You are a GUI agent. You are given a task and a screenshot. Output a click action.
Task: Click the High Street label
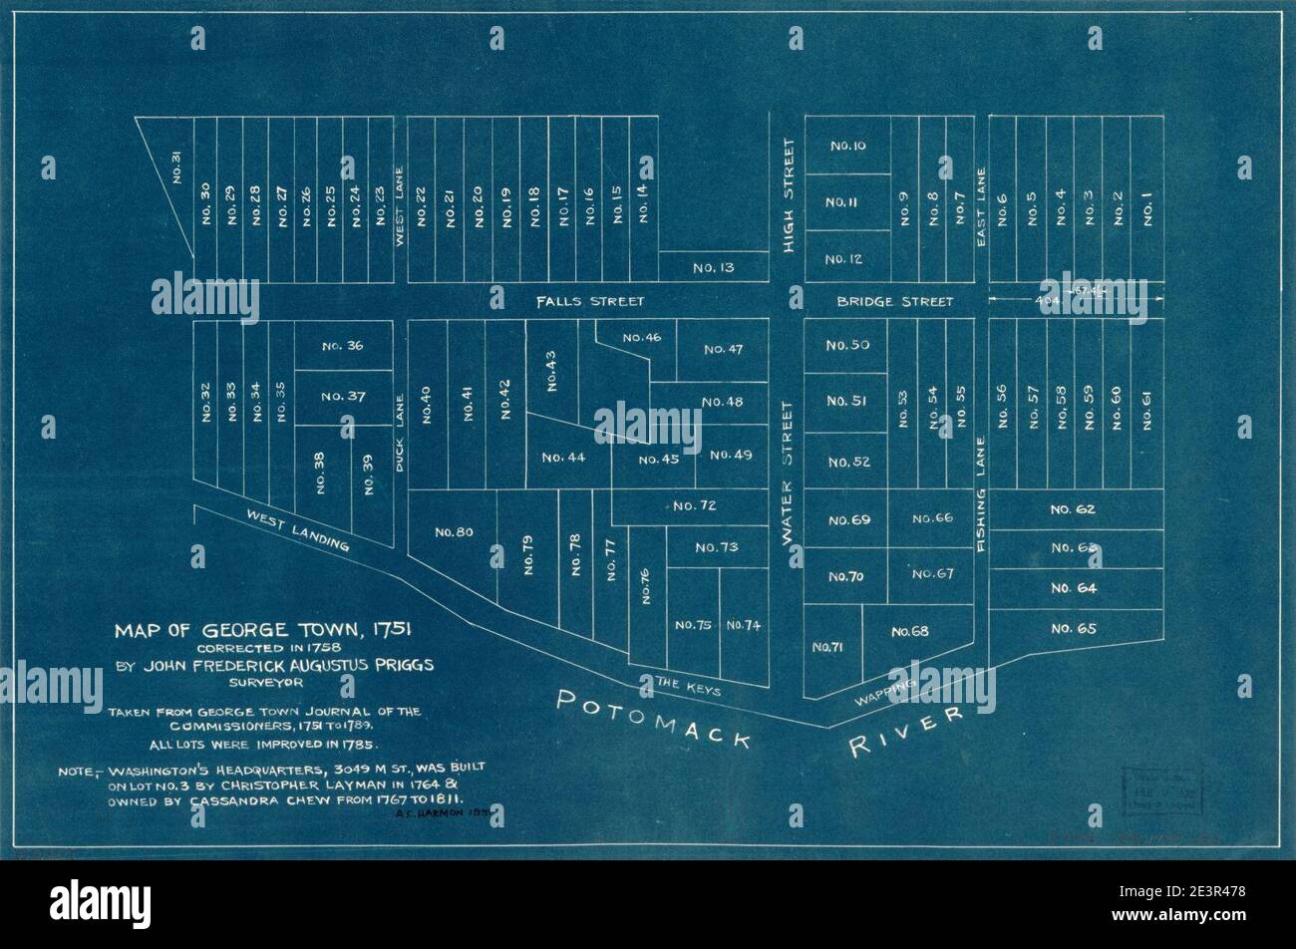coord(790,195)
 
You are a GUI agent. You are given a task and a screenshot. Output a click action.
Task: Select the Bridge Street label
coord(895,301)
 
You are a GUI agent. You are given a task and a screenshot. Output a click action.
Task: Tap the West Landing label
coord(298,530)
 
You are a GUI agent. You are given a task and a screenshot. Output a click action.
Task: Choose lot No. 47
coord(723,349)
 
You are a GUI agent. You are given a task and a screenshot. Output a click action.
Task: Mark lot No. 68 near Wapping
coord(909,631)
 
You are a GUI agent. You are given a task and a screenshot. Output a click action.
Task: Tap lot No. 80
coord(454,532)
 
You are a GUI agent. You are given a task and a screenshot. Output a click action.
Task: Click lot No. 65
coord(1073,628)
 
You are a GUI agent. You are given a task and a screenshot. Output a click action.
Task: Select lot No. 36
coord(343,346)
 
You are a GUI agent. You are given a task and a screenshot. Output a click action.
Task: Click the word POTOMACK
coord(652,715)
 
